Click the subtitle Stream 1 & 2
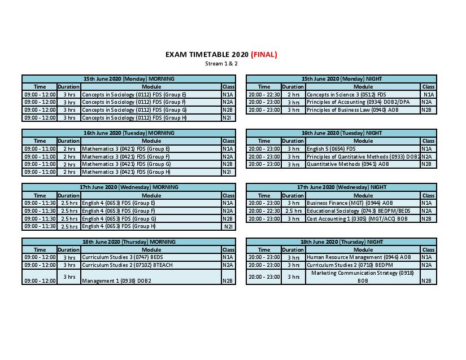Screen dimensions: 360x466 pos(221,64)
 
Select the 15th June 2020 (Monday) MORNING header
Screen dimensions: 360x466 pos(129,78)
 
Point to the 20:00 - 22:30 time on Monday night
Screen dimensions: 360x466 pos(264,94)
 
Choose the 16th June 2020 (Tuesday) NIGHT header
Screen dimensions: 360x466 pos(341,133)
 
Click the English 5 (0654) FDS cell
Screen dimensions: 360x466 pos(331,148)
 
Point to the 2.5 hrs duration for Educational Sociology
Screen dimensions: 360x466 pos(293,210)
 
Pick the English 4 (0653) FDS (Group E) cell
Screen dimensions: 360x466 pos(119,203)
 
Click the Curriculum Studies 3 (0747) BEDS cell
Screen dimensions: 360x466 pos(119,257)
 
